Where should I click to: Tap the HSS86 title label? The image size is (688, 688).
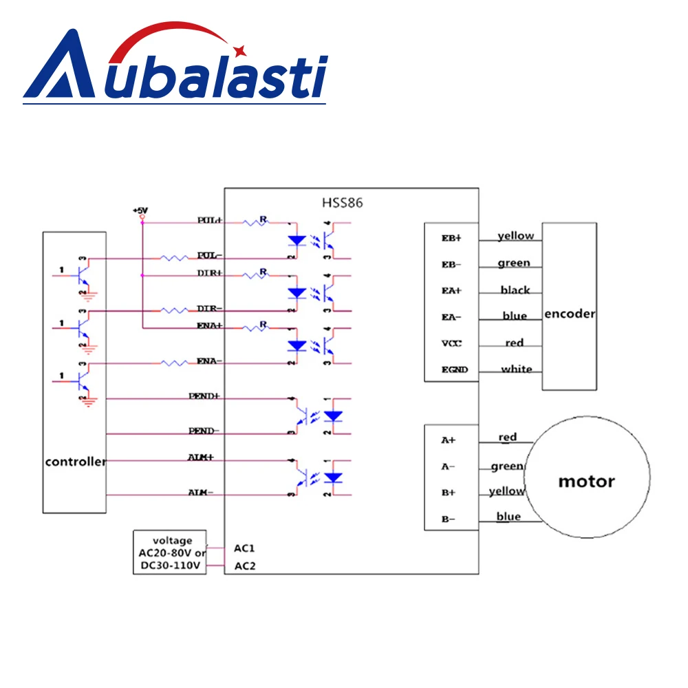tap(342, 203)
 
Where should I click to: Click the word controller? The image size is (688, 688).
tap(75, 462)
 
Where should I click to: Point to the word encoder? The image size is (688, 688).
tap(569, 314)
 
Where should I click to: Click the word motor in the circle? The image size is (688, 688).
tap(586, 481)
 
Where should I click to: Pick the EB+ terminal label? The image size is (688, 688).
tap(453, 238)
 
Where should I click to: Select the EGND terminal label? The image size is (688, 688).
tap(454, 369)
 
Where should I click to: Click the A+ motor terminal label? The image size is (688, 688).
tap(449, 440)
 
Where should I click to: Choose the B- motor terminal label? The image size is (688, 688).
tap(449, 519)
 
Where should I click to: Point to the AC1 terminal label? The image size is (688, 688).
tap(244, 548)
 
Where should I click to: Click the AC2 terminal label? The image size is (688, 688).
tap(244, 567)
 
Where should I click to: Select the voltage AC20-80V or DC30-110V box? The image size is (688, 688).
tap(169, 553)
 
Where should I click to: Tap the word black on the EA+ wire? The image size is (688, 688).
tap(515, 290)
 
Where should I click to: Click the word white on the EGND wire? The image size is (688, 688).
tap(516, 369)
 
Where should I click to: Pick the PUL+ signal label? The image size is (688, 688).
tap(209, 220)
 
